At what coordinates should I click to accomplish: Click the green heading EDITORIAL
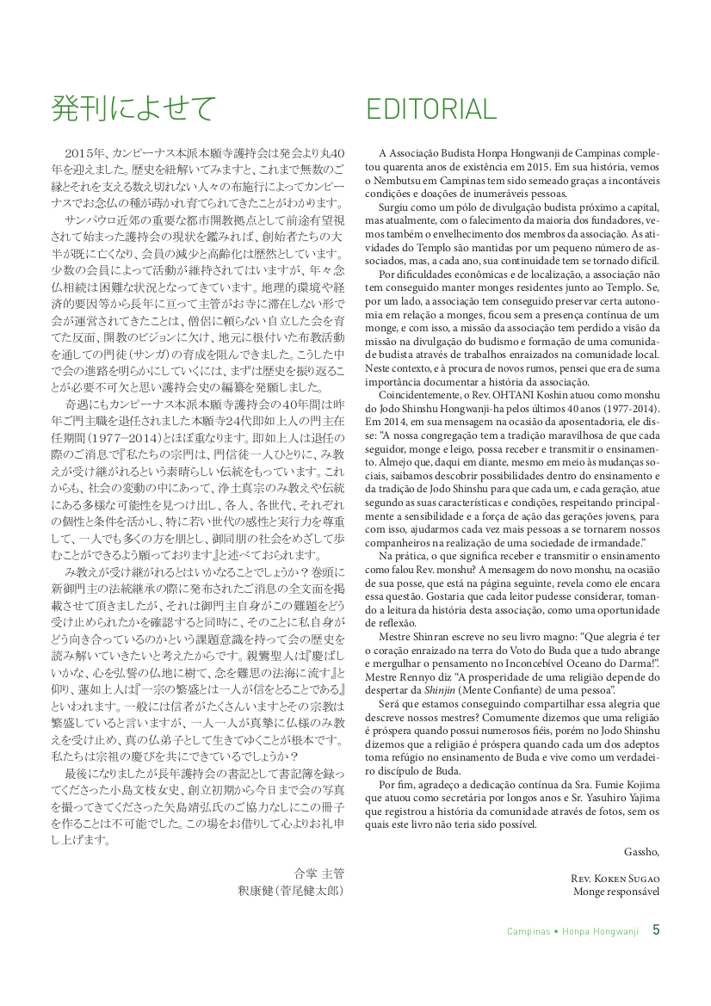(x=430, y=109)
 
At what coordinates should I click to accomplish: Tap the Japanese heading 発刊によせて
(x=133, y=108)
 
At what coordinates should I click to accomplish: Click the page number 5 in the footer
(x=656, y=929)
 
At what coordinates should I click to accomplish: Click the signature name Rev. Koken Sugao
(x=615, y=879)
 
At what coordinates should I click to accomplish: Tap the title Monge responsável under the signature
(x=616, y=892)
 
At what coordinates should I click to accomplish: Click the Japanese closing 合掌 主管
(x=318, y=873)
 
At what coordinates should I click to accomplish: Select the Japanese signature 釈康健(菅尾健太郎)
(x=291, y=891)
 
